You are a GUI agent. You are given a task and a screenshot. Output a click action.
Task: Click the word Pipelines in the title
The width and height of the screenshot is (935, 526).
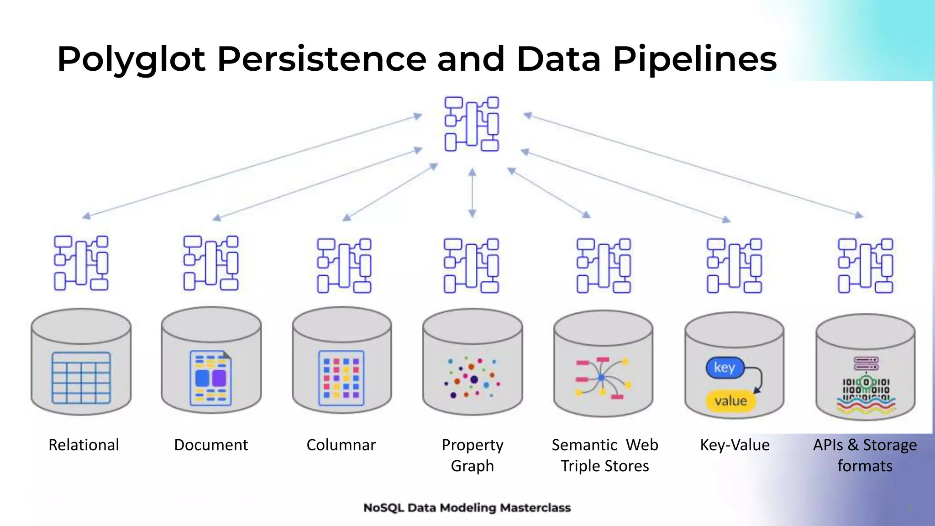(694, 60)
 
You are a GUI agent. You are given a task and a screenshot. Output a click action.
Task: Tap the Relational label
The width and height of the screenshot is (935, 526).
(84, 445)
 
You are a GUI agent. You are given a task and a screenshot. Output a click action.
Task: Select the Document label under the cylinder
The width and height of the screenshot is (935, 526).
(211, 445)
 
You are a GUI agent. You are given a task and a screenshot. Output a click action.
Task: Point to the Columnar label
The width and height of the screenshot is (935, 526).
(341, 445)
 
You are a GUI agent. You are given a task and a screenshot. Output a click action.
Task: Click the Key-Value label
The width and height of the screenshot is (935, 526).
(735, 445)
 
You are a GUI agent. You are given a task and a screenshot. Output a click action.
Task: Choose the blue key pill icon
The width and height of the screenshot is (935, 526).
(725, 368)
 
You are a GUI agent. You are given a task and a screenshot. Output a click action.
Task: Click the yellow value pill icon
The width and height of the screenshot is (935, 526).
(730, 401)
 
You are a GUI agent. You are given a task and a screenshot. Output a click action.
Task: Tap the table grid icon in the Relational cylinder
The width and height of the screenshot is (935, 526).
(81, 378)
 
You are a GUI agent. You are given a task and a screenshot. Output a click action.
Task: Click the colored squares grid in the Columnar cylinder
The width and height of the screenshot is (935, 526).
(341, 378)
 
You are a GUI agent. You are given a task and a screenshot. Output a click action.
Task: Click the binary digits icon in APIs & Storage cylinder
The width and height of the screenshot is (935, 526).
(866, 386)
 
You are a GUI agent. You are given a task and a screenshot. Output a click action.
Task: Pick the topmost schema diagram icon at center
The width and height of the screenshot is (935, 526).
(472, 124)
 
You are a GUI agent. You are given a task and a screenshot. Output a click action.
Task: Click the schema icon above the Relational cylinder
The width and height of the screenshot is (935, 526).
(81, 263)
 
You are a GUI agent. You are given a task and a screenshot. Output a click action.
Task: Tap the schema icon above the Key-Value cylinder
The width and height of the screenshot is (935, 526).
(734, 265)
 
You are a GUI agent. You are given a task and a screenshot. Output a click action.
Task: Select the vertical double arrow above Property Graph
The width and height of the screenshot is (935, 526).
(472, 192)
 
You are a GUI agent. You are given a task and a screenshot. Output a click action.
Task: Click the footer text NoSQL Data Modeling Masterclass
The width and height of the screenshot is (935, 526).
(467, 508)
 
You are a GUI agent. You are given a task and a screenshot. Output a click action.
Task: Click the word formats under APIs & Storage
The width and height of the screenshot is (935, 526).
(865, 466)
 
